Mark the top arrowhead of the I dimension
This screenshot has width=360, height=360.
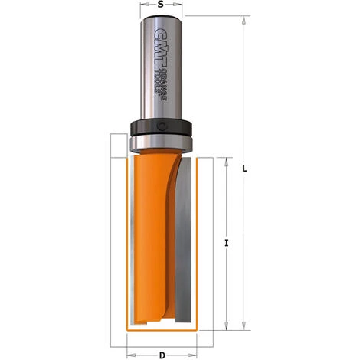point(227,162)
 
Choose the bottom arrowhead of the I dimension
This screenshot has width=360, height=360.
point(227,325)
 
